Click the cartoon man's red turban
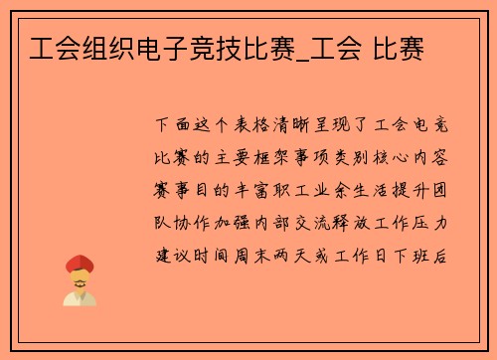click(79, 264)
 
